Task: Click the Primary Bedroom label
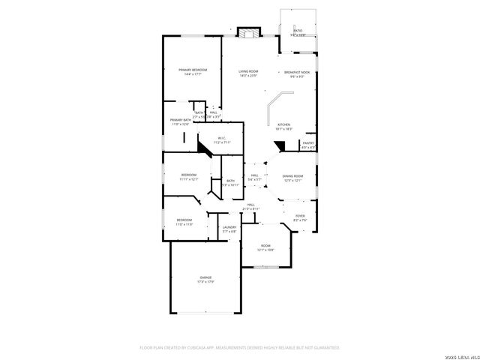193,72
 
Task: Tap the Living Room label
248,73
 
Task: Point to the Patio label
298,32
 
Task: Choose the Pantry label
308,144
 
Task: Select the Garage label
205,280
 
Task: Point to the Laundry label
229,229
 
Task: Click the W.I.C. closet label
222,139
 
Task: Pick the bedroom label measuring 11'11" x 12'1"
187,177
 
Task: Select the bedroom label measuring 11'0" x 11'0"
184,222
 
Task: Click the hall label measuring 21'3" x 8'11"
251,206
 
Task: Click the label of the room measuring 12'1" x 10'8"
265,247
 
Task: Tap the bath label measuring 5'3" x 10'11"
230,182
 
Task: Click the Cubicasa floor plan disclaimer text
239,347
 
